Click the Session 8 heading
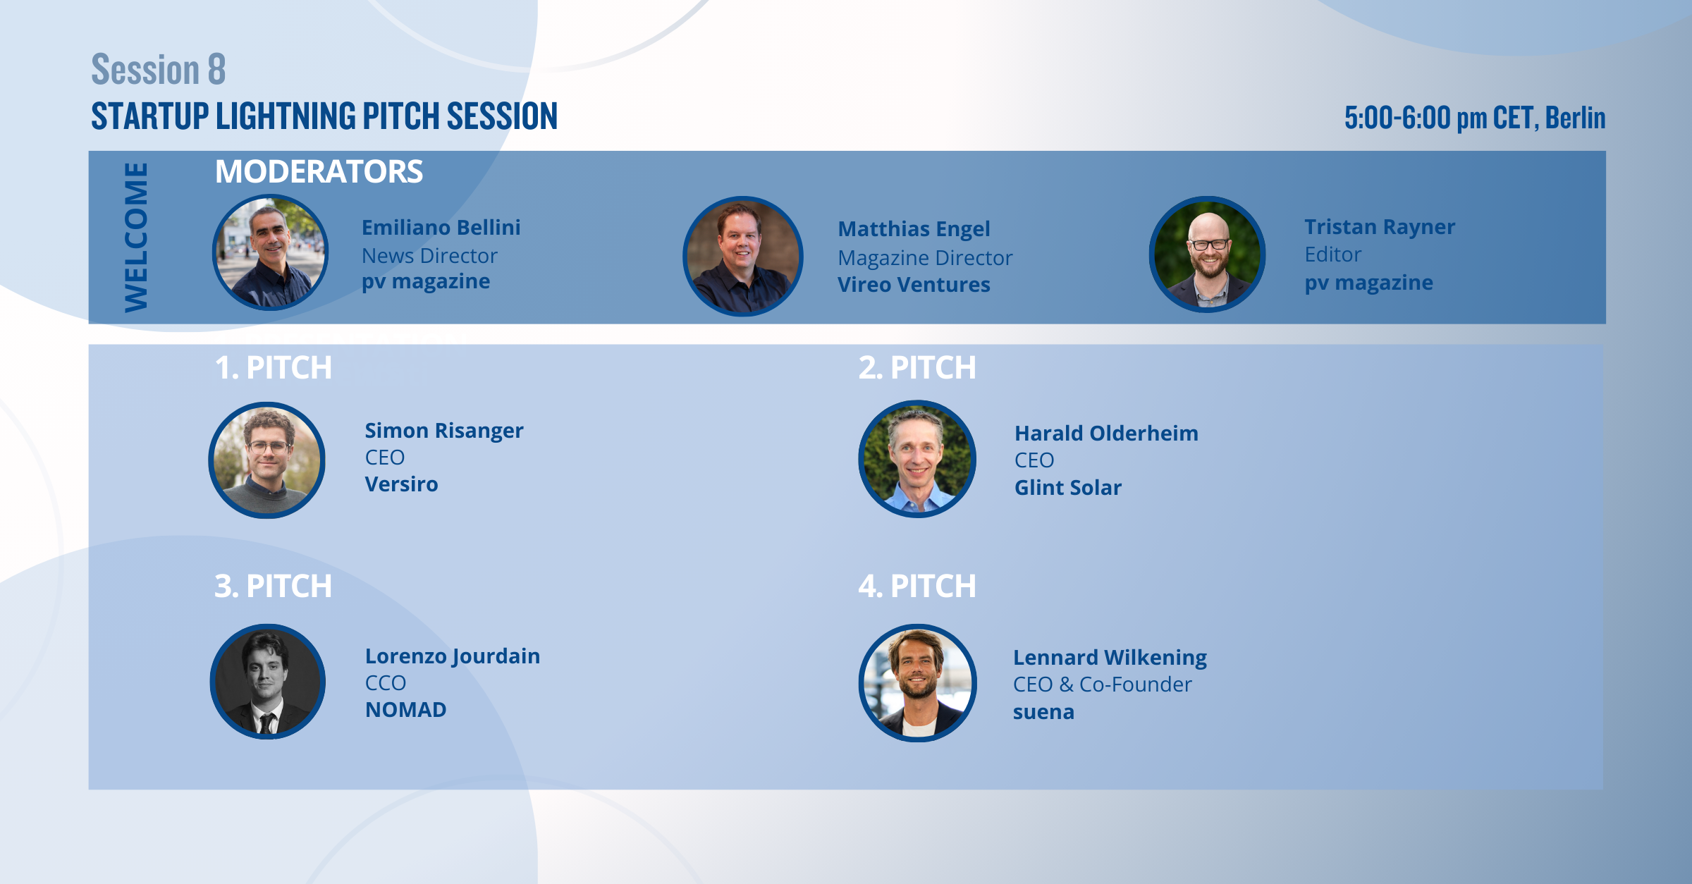click(x=159, y=69)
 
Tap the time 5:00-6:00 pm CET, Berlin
click(x=1475, y=118)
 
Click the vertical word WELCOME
click(x=136, y=237)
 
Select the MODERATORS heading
click(x=319, y=171)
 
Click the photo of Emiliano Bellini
click(x=270, y=252)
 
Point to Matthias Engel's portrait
click(x=743, y=256)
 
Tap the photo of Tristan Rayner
click(x=1208, y=254)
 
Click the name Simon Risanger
click(x=444, y=431)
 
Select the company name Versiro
click(x=401, y=484)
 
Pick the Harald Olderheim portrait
click(x=917, y=459)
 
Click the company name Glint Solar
click(x=1068, y=487)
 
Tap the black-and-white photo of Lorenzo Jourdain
click(x=268, y=682)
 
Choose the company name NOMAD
click(x=405, y=710)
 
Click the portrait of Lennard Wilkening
click(x=918, y=683)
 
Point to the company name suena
click(x=1043, y=713)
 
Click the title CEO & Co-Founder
click(x=1103, y=685)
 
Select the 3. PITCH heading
click(x=274, y=586)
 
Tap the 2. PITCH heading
click(x=917, y=367)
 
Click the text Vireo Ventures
click(x=914, y=285)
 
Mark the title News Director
click(x=429, y=256)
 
